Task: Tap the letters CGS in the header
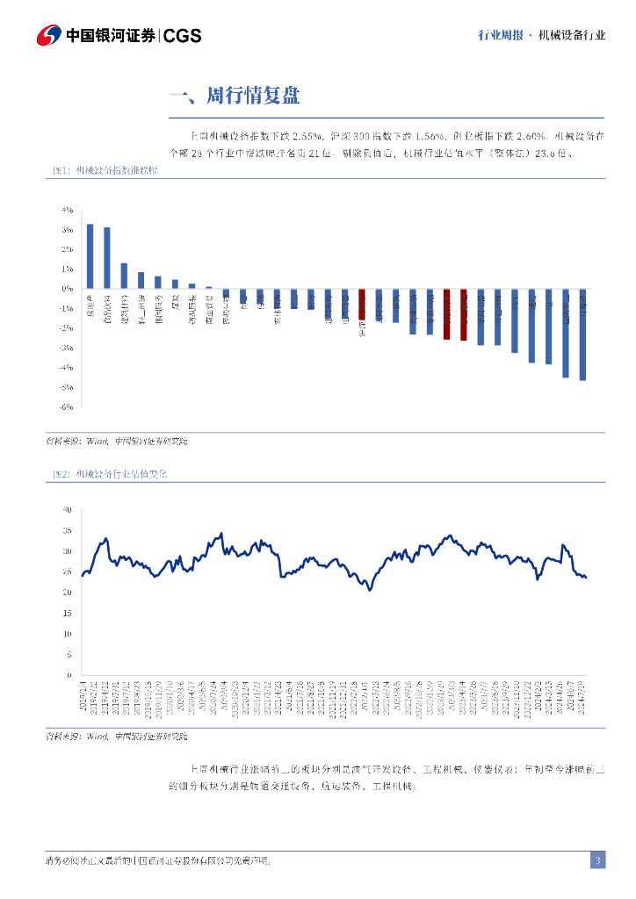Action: [x=183, y=35]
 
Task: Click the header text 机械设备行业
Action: [x=572, y=35]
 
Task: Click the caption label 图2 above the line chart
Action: [x=60, y=473]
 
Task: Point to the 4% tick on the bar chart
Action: [x=67, y=211]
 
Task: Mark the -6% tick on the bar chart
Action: [x=66, y=407]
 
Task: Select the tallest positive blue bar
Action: [x=90, y=255]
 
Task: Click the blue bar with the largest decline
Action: [x=582, y=334]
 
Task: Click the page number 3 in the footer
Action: [x=597, y=860]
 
